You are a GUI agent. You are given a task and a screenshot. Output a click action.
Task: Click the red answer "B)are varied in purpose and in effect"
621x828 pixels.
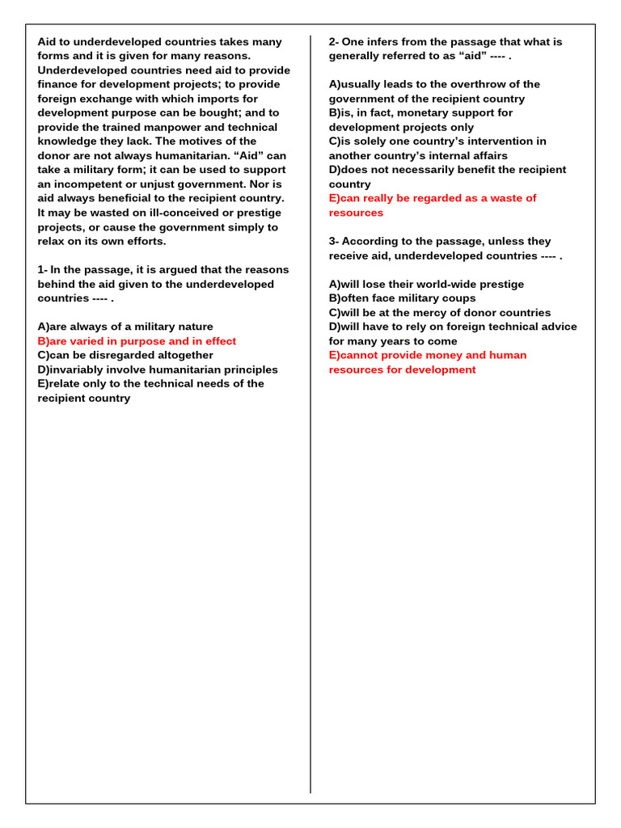pos(137,341)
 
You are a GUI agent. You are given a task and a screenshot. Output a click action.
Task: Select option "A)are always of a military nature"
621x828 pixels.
pos(125,327)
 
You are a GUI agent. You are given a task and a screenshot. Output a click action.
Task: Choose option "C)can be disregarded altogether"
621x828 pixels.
pos(125,355)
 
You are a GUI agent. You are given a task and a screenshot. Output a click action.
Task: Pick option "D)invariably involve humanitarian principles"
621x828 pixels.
pos(158,370)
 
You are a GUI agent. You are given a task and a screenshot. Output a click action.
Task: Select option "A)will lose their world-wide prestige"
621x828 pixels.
pos(426,284)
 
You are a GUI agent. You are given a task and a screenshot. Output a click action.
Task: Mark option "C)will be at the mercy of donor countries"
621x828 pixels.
pos(439,313)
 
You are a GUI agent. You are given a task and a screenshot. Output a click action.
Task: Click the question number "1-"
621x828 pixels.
pos(43,270)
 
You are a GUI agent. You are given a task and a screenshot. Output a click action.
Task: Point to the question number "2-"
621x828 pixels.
pos(334,42)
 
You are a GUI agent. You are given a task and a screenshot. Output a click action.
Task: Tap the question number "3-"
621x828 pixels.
pos(334,241)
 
